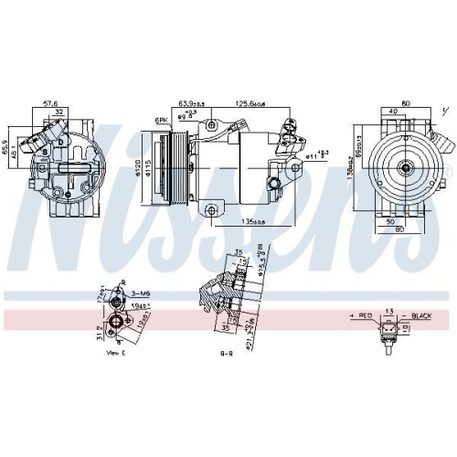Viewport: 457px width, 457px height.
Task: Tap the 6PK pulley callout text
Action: tap(161, 120)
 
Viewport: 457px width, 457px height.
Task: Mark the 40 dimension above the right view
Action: tap(392, 112)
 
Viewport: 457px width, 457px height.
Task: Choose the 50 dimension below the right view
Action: tap(391, 221)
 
